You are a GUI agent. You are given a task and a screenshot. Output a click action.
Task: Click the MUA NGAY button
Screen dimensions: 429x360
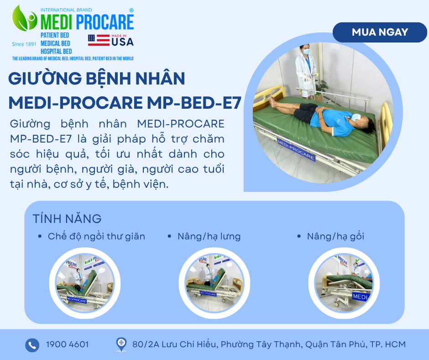[x=380, y=32]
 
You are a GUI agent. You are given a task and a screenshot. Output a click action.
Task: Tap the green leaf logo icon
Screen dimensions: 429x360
[x=25, y=18]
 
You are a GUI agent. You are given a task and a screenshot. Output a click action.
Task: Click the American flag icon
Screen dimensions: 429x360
[x=99, y=40]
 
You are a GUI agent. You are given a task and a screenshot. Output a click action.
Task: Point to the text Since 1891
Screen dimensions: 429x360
[x=24, y=44]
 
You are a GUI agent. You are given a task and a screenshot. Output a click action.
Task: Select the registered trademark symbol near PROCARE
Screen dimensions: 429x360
[x=131, y=11]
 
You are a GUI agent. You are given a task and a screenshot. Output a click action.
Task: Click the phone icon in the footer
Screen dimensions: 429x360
[x=32, y=345]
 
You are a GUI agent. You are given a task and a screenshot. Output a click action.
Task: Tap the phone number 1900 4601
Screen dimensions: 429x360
[x=67, y=344]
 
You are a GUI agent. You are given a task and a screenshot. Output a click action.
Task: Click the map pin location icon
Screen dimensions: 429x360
[x=121, y=344]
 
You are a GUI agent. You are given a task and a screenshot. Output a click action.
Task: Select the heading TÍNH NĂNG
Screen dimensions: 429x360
[x=67, y=219]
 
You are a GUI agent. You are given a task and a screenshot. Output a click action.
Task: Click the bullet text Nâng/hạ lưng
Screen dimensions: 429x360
[x=209, y=237]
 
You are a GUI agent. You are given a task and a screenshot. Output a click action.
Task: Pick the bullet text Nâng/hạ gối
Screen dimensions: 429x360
[x=335, y=237]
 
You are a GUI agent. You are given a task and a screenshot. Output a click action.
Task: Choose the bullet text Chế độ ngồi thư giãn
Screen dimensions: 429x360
[x=96, y=237]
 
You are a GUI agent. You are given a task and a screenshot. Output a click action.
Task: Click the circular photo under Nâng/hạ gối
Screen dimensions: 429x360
[x=344, y=283]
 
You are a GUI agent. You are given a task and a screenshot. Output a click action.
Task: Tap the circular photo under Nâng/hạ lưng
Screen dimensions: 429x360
[x=214, y=283]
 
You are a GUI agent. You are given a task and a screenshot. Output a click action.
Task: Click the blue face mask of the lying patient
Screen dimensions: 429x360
[x=356, y=118]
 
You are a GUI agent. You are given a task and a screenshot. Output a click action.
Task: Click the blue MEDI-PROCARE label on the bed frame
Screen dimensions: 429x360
[x=296, y=149]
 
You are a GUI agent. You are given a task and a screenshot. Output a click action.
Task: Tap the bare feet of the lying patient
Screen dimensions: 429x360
[x=272, y=101]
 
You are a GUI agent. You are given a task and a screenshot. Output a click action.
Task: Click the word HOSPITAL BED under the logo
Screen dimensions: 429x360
[x=56, y=52]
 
